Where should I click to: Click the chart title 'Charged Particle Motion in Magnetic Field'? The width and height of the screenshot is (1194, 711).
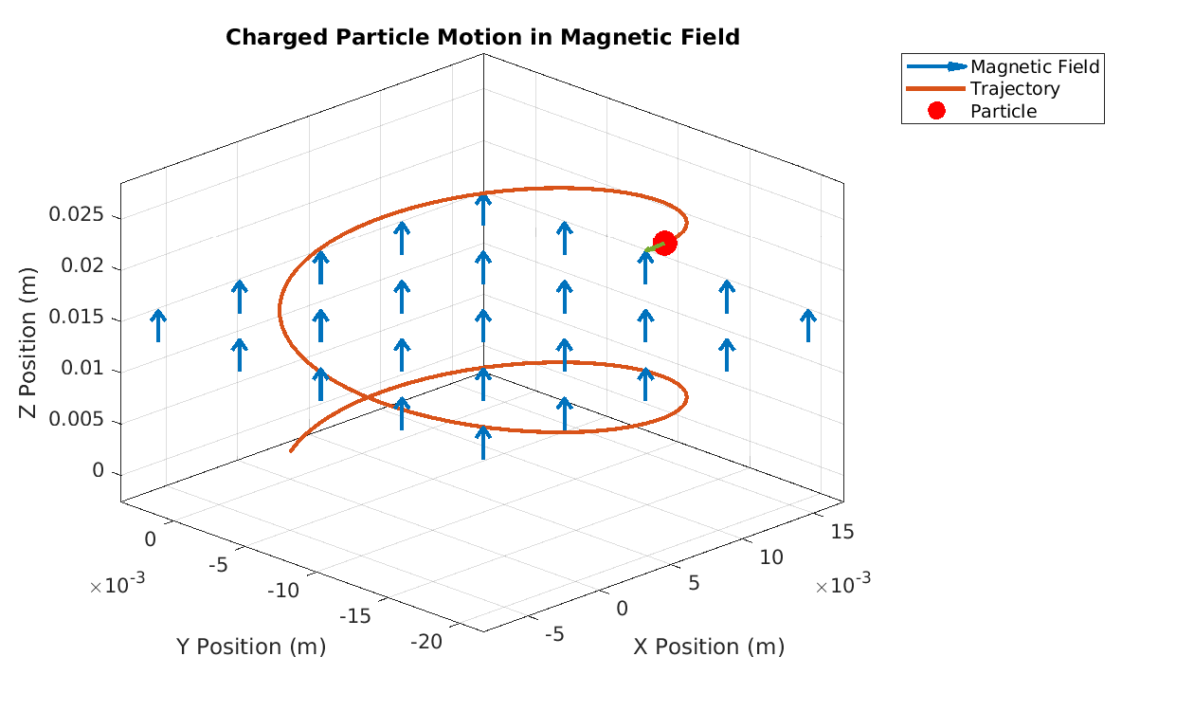click(x=482, y=38)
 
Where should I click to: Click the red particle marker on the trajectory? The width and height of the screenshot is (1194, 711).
click(x=664, y=243)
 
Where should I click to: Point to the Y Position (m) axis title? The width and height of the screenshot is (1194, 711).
click(x=251, y=647)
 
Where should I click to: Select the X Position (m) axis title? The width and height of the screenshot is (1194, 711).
click(x=709, y=647)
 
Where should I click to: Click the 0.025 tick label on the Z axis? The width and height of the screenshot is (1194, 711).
click(x=81, y=215)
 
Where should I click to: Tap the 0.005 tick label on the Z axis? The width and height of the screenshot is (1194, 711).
click(x=81, y=420)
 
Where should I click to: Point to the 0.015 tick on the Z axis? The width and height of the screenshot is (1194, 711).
click(x=81, y=318)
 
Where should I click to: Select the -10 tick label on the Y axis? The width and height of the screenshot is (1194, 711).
click(x=282, y=591)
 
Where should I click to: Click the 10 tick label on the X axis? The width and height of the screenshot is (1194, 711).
click(x=771, y=556)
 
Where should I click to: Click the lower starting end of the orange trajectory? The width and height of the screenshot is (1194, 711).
click(x=291, y=450)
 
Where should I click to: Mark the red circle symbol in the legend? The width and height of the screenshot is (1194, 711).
click(x=936, y=111)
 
